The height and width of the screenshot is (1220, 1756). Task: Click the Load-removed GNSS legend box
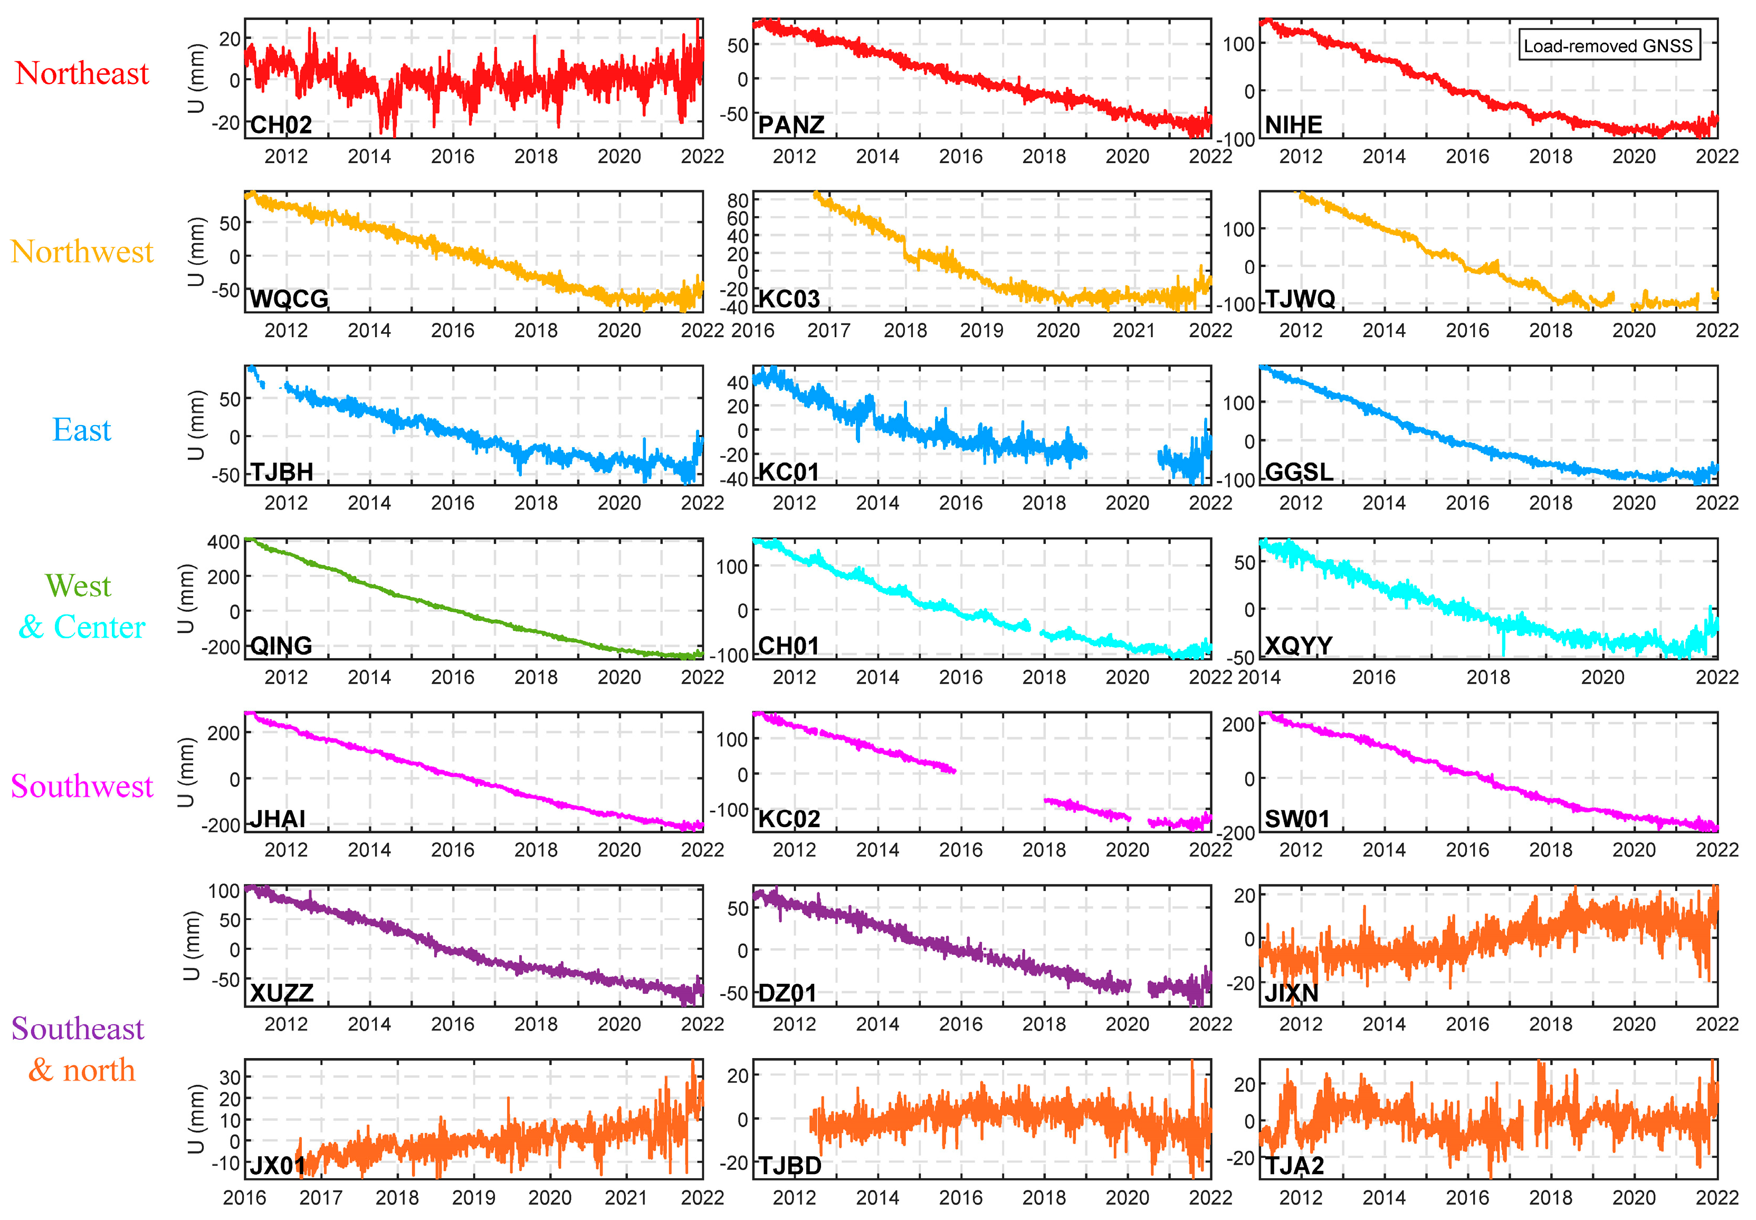[1608, 45]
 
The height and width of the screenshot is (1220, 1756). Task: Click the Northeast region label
[82, 73]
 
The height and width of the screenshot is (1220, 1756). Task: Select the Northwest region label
[82, 252]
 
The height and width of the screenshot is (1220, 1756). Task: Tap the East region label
[81, 429]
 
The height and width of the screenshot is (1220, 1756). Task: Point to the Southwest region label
[82, 786]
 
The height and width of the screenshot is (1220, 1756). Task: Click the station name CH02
[281, 124]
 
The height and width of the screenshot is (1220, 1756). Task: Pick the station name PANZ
[790, 124]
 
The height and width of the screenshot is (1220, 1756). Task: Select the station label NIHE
[1293, 124]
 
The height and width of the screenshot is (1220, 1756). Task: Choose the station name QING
[281, 646]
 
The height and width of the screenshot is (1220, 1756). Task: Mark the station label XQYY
[1298, 646]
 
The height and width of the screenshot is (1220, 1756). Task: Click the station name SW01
[1296, 819]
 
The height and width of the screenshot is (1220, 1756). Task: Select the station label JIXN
[1291, 993]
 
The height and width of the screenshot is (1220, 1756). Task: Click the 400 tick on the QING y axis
[223, 542]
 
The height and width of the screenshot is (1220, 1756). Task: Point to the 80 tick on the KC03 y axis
[738, 201]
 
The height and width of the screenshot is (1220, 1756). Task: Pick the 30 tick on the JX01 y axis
[230, 1077]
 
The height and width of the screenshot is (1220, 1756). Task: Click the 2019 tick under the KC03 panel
[981, 330]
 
